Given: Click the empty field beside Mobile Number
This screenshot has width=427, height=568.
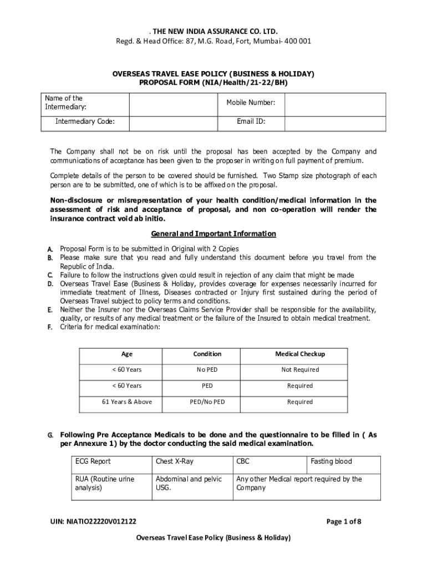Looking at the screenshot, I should (x=335, y=103).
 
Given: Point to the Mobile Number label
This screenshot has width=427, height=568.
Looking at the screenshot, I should (x=251, y=103).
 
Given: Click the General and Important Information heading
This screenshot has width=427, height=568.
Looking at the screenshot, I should (x=213, y=234).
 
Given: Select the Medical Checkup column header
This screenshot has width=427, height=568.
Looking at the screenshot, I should (x=300, y=354).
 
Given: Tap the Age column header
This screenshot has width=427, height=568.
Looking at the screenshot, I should (x=127, y=354).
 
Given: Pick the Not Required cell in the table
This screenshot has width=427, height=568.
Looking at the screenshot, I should (x=300, y=370).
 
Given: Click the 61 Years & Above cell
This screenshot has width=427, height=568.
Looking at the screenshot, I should (x=127, y=402).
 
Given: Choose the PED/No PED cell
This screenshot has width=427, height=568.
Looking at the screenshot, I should (x=207, y=402).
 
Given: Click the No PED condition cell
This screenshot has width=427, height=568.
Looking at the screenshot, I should (x=207, y=370).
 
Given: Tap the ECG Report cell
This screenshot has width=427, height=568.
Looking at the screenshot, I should (x=93, y=461).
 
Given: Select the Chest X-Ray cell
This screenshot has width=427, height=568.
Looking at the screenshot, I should (x=175, y=461).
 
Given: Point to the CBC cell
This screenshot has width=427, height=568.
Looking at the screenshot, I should (x=243, y=461).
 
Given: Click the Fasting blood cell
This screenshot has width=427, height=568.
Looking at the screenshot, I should (x=331, y=461).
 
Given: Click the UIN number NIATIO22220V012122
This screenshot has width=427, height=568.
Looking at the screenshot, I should (x=93, y=521).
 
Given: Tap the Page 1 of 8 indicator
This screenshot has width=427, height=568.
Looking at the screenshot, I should (x=344, y=521).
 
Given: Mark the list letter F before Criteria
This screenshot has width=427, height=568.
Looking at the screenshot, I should (x=50, y=327).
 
